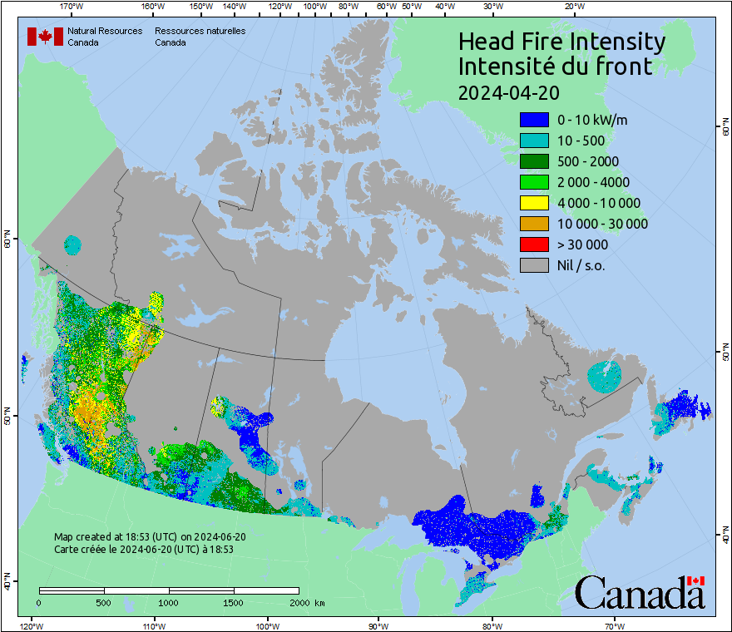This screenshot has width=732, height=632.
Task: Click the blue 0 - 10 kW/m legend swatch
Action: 534,120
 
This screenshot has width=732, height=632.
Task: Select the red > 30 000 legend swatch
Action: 534,244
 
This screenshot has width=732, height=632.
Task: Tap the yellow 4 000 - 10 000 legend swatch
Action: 534,203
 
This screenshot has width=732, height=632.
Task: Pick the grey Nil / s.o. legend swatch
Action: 534,265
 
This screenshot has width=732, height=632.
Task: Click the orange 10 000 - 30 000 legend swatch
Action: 534,224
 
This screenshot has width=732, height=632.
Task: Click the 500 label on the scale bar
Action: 103,602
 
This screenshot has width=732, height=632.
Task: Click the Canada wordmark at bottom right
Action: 640,592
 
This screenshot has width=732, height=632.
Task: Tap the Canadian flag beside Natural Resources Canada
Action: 45,37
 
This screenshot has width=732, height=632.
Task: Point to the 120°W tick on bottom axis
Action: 31,625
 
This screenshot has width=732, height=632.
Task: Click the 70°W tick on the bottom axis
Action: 615,625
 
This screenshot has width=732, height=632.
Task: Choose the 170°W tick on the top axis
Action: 72,7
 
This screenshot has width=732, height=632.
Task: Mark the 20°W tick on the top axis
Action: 572,7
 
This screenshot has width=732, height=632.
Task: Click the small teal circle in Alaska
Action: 73,244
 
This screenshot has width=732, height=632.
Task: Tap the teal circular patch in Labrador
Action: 604,377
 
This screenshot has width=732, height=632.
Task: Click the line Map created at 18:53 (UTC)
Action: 150,537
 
